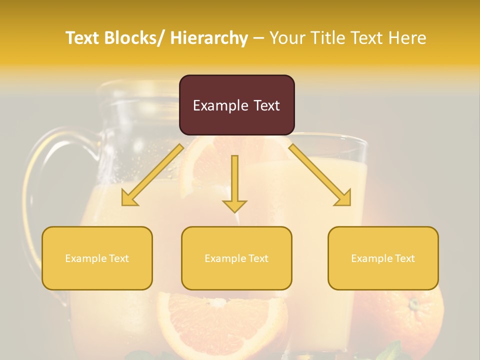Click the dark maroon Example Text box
(x=236, y=105)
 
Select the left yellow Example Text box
(x=97, y=258)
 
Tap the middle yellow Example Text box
(x=236, y=258)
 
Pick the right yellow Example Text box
(x=383, y=258)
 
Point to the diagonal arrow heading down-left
(x=152, y=175)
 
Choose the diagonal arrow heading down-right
(x=320, y=175)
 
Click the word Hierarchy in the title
(x=209, y=38)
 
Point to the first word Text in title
(x=84, y=38)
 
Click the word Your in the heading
(x=287, y=38)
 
